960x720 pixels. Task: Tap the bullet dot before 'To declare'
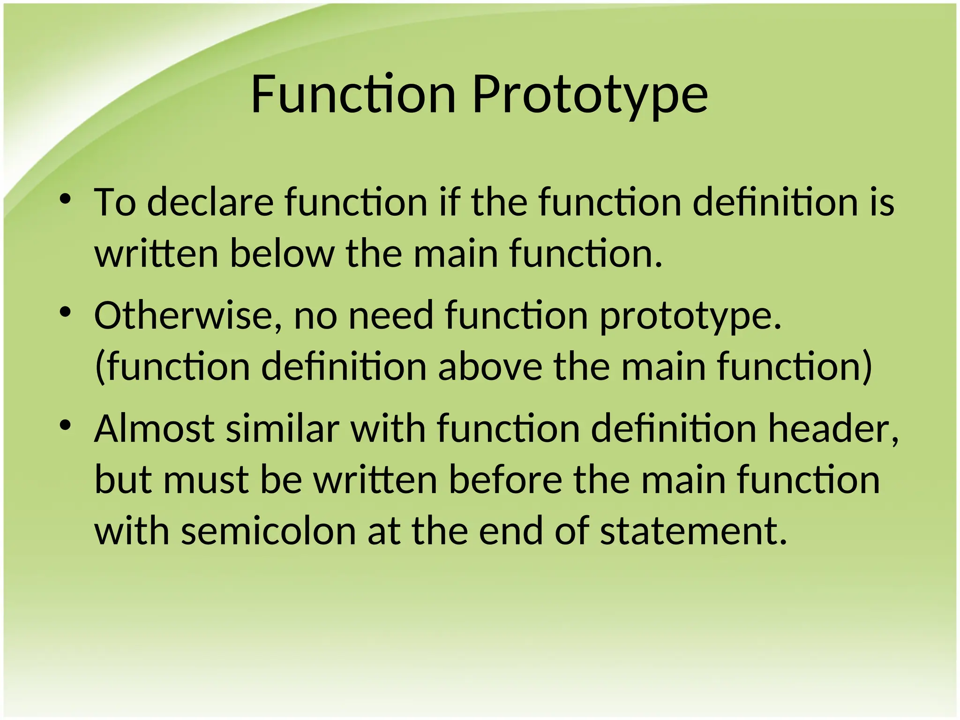[65, 199]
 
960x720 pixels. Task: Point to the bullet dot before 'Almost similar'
[65, 426]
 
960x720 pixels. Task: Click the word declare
[210, 202]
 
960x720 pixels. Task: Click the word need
[391, 315]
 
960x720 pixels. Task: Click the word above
[490, 367]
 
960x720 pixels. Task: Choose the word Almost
[154, 428]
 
